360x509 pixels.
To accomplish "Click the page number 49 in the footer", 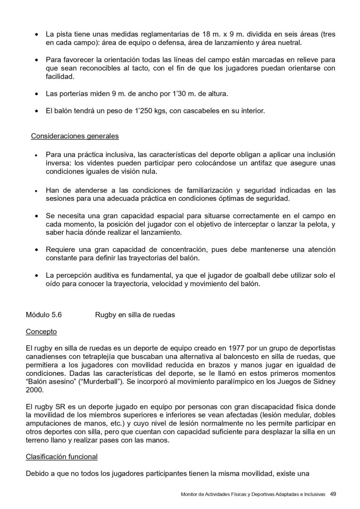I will point(333,494).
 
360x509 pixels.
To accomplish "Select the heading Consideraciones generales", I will point(75,136).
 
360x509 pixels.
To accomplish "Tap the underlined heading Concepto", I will point(41,332).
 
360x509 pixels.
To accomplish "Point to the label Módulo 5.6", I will point(44,315).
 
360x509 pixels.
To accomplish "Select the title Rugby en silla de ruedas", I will point(135,315).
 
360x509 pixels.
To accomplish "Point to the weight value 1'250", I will point(118,111).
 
